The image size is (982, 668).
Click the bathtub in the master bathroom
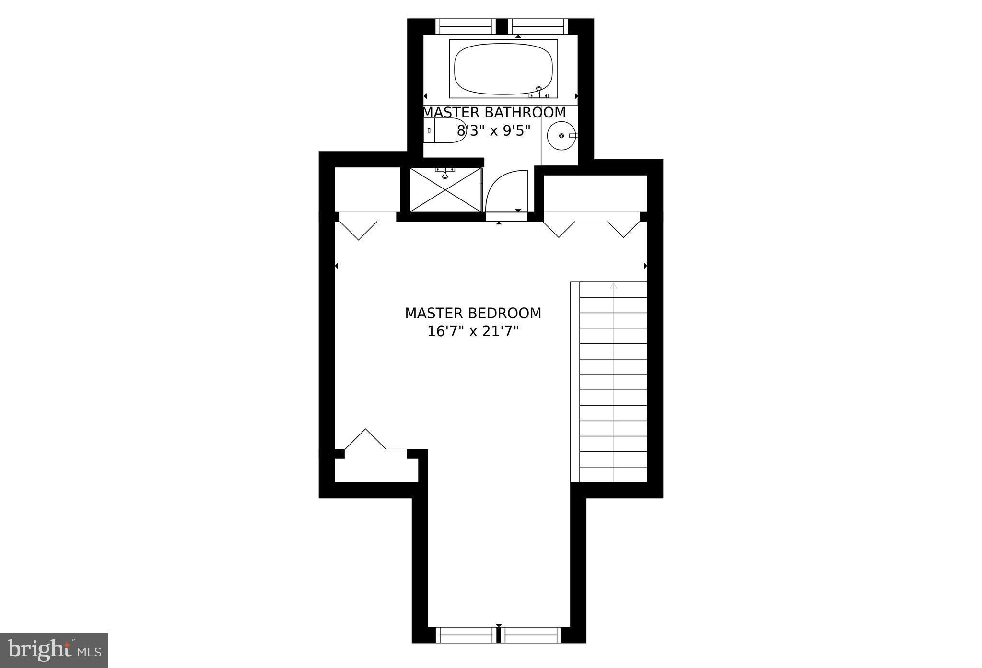click(503, 69)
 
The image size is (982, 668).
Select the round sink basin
click(561, 136)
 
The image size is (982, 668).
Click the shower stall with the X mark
click(445, 190)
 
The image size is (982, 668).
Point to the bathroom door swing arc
click(503, 189)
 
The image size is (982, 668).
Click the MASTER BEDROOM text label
click(473, 313)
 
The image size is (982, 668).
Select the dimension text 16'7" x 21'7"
click(473, 331)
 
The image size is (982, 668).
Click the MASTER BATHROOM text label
click(494, 113)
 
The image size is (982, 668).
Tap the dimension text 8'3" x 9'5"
click(494, 130)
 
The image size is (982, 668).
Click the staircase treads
click(613, 384)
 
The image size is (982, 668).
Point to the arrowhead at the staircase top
click(613, 286)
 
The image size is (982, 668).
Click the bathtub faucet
click(538, 93)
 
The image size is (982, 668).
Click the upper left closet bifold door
click(359, 230)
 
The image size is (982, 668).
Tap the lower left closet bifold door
click(365, 439)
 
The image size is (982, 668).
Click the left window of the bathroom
click(465, 26)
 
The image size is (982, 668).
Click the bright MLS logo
click(54, 650)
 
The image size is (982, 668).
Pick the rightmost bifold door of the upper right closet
click(624, 229)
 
